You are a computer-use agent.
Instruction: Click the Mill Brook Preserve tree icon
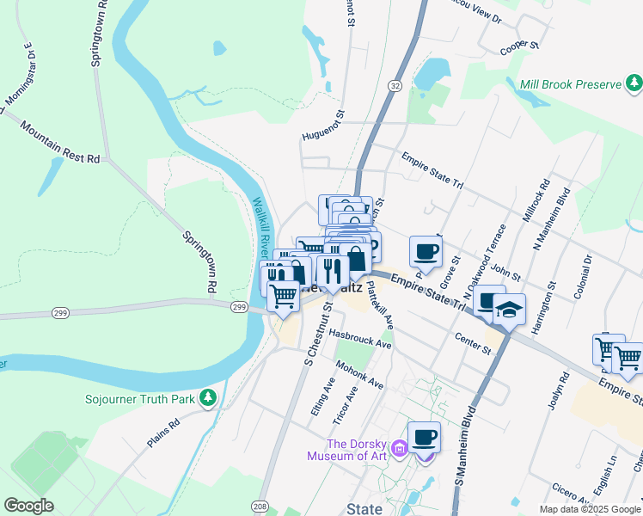(634, 83)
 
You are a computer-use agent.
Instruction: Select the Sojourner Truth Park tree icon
(206, 398)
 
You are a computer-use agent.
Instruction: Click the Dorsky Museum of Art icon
(399, 447)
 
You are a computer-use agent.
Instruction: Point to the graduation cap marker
(509, 309)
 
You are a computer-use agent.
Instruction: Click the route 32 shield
(395, 86)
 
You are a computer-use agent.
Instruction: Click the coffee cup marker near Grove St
(425, 252)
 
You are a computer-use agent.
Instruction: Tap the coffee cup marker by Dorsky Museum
(424, 437)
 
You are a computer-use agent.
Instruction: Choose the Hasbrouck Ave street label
(359, 338)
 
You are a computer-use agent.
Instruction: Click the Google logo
(28, 506)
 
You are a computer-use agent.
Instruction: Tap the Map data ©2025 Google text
(589, 509)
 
